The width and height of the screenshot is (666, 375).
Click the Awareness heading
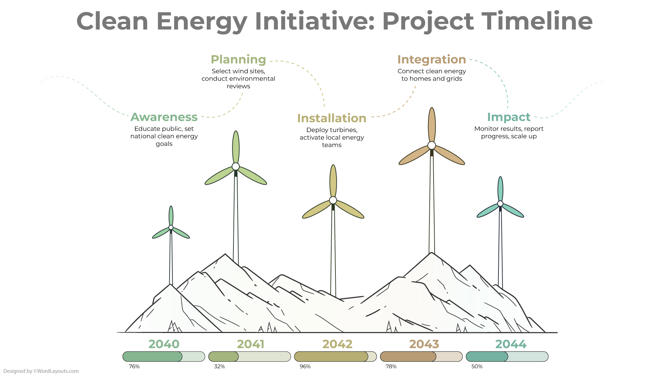click(x=164, y=117)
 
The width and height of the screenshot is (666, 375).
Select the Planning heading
click(x=238, y=60)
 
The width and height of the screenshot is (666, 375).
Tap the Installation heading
click(x=332, y=118)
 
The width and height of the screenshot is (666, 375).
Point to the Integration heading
click(x=432, y=60)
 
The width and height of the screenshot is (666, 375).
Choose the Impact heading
click(x=509, y=117)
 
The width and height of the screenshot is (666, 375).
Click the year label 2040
click(x=164, y=344)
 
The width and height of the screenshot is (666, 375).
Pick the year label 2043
click(x=424, y=344)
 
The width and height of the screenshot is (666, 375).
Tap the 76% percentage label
click(x=134, y=367)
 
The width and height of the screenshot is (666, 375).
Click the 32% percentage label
click(x=220, y=367)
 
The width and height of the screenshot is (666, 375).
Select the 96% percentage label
click(x=305, y=367)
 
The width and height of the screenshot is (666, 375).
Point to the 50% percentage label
click(x=477, y=367)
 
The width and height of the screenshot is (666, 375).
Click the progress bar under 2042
click(x=335, y=357)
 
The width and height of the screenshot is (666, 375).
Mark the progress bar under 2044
click(x=507, y=357)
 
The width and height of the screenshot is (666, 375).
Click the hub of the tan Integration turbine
click(x=432, y=145)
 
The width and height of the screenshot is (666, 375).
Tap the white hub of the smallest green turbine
click(x=171, y=227)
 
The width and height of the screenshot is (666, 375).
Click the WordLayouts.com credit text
click(x=41, y=371)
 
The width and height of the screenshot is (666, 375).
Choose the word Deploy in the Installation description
click(x=317, y=130)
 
